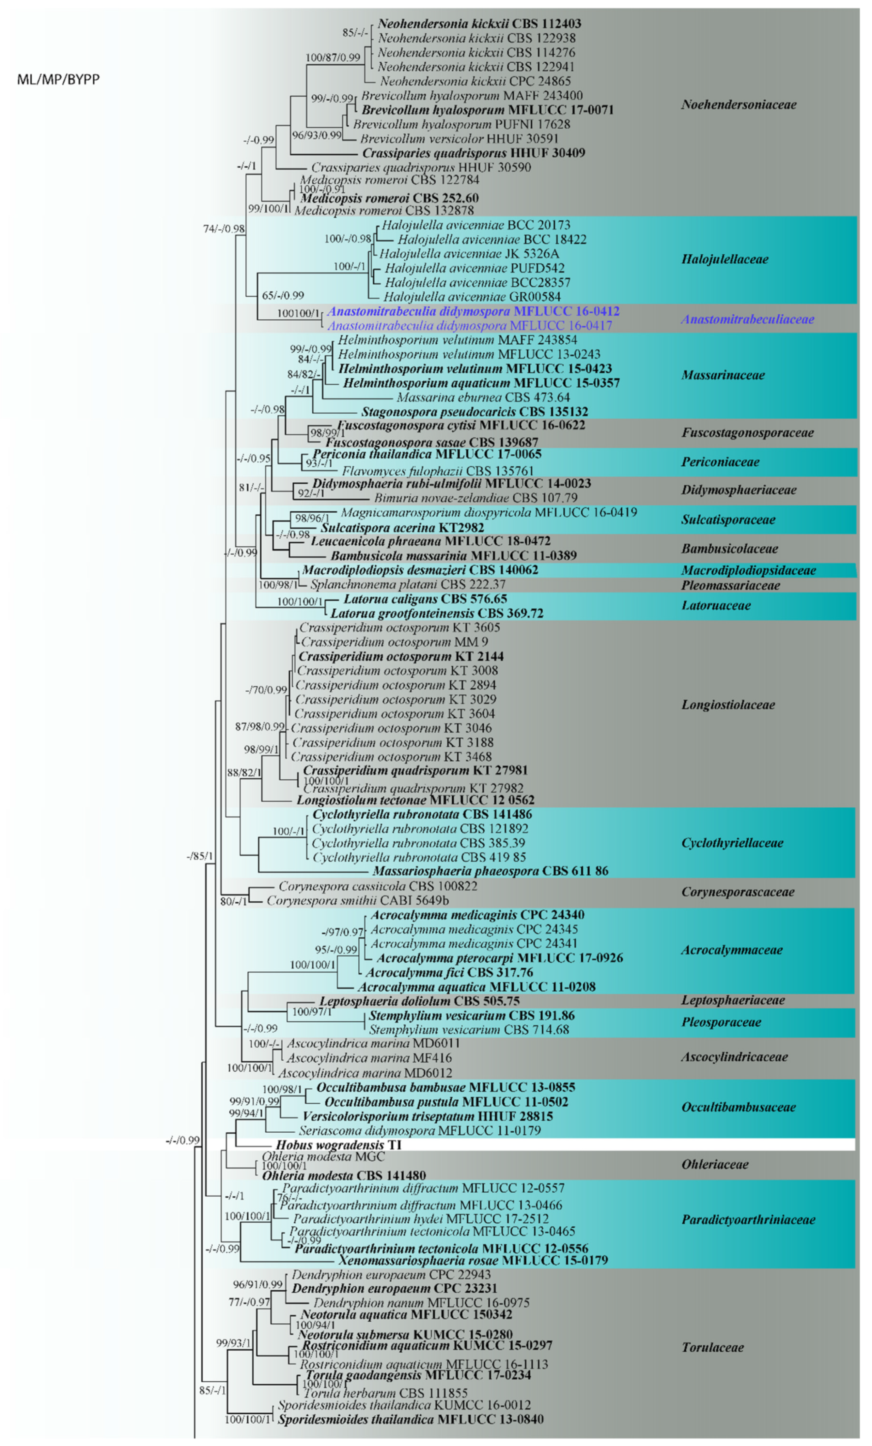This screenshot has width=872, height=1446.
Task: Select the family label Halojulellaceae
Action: (x=724, y=259)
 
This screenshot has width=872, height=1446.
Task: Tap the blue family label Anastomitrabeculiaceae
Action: (x=747, y=319)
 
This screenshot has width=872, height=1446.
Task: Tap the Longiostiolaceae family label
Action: (x=728, y=705)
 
